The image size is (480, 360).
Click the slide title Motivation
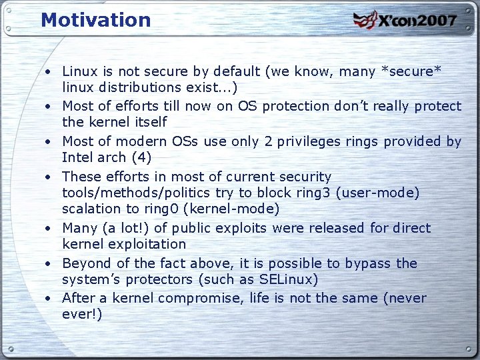(96, 20)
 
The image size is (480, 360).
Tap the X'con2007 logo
(405, 20)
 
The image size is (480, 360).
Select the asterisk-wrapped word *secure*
(411, 71)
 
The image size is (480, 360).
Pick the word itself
(149, 122)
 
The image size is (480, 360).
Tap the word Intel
(79, 157)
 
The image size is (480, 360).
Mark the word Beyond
(85, 263)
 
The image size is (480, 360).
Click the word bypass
(368, 263)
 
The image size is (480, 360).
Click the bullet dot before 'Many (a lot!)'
(49, 229)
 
